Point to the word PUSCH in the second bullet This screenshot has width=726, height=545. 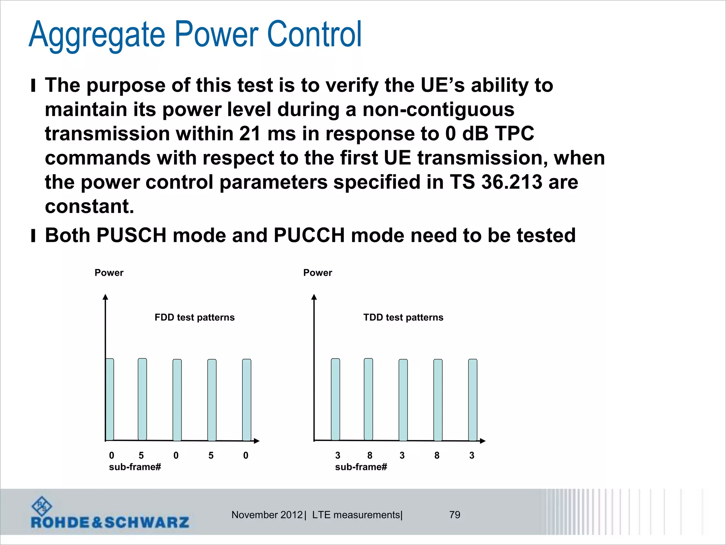tap(131, 235)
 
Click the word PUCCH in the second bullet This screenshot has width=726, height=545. tap(309, 235)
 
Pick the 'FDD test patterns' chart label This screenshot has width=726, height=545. tap(194, 317)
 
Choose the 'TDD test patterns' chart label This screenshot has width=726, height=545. tap(403, 317)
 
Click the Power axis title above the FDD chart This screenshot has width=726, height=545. tap(109, 272)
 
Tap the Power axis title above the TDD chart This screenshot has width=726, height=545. tap(318, 272)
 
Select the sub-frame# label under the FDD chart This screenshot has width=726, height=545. tap(135, 467)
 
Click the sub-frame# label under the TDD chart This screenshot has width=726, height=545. tap(361, 467)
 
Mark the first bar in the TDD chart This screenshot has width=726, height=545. tap(335, 399)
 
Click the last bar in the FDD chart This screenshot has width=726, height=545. tap(247, 400)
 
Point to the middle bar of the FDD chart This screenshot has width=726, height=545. tap(177, 400)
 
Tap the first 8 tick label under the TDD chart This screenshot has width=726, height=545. tap(370, 455)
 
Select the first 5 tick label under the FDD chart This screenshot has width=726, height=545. tap(141, 455)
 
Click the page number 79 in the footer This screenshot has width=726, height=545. tap(454, 514)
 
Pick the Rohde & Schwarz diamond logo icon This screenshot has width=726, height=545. tap(41, 506)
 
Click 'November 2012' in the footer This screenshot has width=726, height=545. tap(267, 515)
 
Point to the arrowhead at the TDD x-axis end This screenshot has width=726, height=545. tap(482, 441)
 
